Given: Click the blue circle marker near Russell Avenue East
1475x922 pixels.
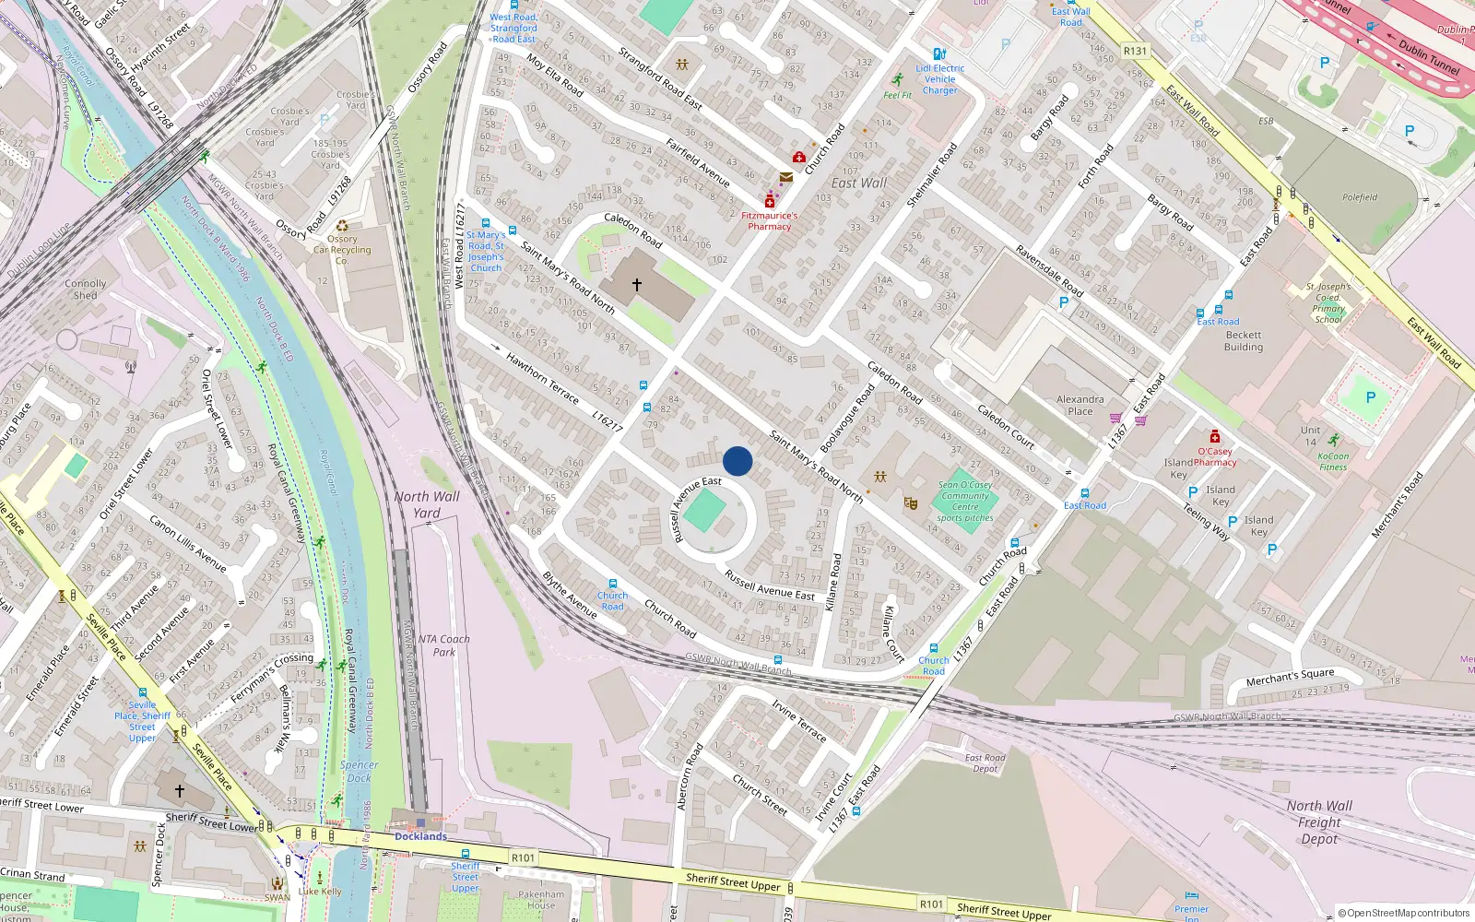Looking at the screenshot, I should pyautogui.click(x=737, y=461).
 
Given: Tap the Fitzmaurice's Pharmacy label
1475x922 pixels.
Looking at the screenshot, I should pyautogui.click(x=770, y=221).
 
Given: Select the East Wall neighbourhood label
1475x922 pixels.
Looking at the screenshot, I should pyautogui.click(x=858, y=183).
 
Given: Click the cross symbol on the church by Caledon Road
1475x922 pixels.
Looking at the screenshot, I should pyautogui.click(x=636, y=285).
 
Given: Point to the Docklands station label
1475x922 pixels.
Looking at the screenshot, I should pyautogui.click(x=420, y=836).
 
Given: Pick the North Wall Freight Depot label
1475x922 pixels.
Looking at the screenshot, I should pyautogui.click(x=1319, y=822).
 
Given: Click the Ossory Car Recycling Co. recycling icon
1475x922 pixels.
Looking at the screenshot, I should pyautogui.click(x=342, y=226).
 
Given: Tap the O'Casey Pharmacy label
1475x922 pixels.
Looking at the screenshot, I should pyautogui.click(x=1215, y=456).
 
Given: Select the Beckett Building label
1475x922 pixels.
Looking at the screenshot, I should pyautogui.click(x=1244, y=341).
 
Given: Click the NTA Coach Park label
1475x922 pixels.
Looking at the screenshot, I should pyautogui.click(x=443, y=645).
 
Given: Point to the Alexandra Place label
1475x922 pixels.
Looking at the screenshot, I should pyautogui.click(x=1080, y=406).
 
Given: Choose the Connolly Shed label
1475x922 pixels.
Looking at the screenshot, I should pyautogui.click(x=86, y=290).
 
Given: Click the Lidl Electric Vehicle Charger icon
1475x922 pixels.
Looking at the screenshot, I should pyautogui.click(x=939, y=54).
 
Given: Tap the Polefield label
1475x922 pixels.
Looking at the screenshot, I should pyautogui.click(x=1360, y=197).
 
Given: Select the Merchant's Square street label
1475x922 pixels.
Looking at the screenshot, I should pyautogui.click(x=1290, y=678).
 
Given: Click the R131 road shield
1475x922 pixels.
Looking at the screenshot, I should pyautogui.click(x=1135, y=52).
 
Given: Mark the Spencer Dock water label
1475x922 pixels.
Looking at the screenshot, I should pyautogui.click(x=359, y=771).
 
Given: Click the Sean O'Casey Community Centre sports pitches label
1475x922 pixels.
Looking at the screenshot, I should pyautogui.click(x=965, y=502).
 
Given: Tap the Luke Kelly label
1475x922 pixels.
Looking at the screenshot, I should pyautogui.click(x=320, y=892).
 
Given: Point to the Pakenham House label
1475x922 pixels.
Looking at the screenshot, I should pyautogui.click(x=541, y=900).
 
